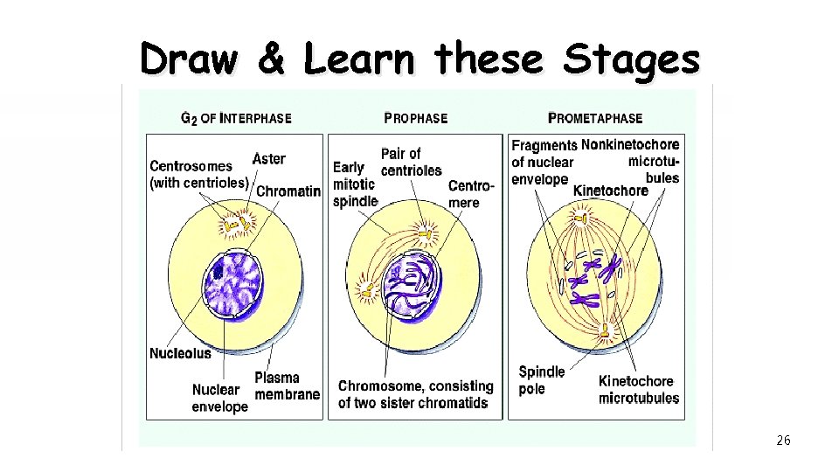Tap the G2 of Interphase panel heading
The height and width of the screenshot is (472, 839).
point(236,118)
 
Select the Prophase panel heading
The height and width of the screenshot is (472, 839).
point(416,118)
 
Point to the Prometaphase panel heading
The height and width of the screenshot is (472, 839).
point(594,118)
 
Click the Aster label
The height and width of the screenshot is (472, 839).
point(268,159)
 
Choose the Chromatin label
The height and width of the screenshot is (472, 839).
point(289,191)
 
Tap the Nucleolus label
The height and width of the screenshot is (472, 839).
point(181,354)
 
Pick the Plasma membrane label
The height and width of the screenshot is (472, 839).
point(287,385)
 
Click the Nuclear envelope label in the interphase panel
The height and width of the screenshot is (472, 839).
point(219,398)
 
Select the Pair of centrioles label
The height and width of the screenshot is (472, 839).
point(411,162)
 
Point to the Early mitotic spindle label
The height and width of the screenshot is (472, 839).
point(354,184)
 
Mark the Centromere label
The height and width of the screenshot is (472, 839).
point(470,194)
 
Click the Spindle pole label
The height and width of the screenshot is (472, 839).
point(542,380)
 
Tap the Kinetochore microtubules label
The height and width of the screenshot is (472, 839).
point(638,390)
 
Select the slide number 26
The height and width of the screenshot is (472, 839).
point(783,441)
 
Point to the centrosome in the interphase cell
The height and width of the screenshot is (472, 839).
point(235,226)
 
